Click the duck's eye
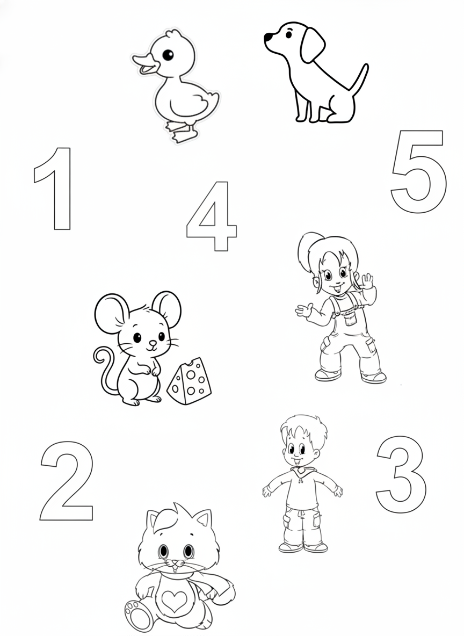click(x=168, y=54)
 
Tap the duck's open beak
click(x=145, y=64)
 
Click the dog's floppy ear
click(x=312, y=45)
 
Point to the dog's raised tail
click(x=360, y=79)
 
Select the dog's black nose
click(x=268, y=37)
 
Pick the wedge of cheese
click(x=190, y=381)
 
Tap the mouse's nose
click(x=152, y=343)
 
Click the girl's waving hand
click(x=367, y=281)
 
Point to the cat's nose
click(x=175, y=562)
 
